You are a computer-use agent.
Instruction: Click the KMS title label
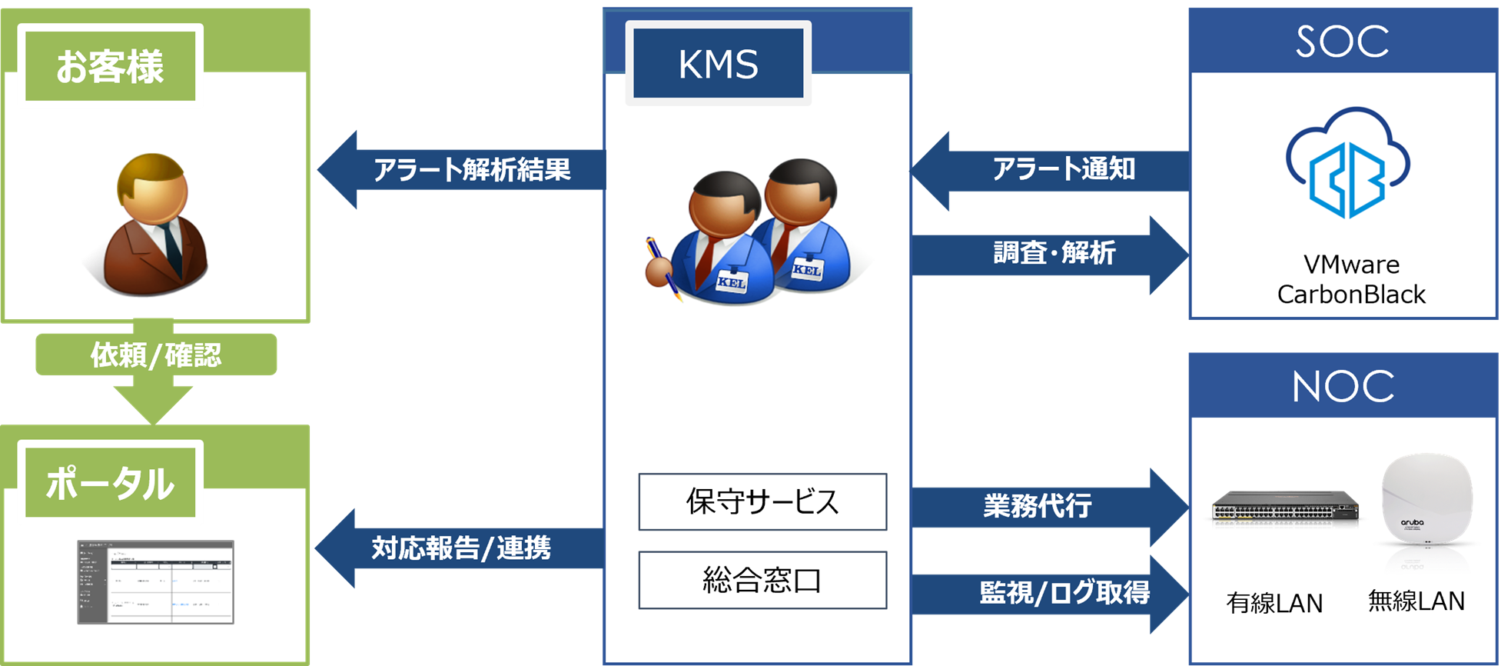pyautogui.click(x=718, y=65)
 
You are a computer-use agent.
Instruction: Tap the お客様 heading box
pyautogui.click(x=110, y=66)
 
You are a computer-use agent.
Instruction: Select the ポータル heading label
pyautogui.click(x=110, y=483)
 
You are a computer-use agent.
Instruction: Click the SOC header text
pyautogui.click(x=1343, y=41)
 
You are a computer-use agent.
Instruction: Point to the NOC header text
pyautogui.click(x=1343, y=386)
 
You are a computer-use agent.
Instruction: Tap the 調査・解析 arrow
pyautogui.click(x=1053, y=254)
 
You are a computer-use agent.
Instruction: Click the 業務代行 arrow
pyautogui.click(x=1045, y=507)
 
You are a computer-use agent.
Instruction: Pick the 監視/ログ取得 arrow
pyautogui.click(x=1061, y=593)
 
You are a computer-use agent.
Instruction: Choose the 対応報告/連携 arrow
pyautogui.click(x=461, y=548)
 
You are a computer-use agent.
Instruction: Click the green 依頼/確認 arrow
pyautogui.click(x=155, y=361)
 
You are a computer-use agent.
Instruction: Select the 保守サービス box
pyautogui.click(x=762, y=501)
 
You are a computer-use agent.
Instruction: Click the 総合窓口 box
pyautogui.click(x=762, y=580)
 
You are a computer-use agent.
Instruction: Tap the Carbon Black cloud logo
pyautogui.click(x=1347, y=164)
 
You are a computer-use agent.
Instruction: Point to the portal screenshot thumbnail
pyautogui.click(x=155, y=581)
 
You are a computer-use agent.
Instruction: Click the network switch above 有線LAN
pyautogui.click(x=1285, y=508)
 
